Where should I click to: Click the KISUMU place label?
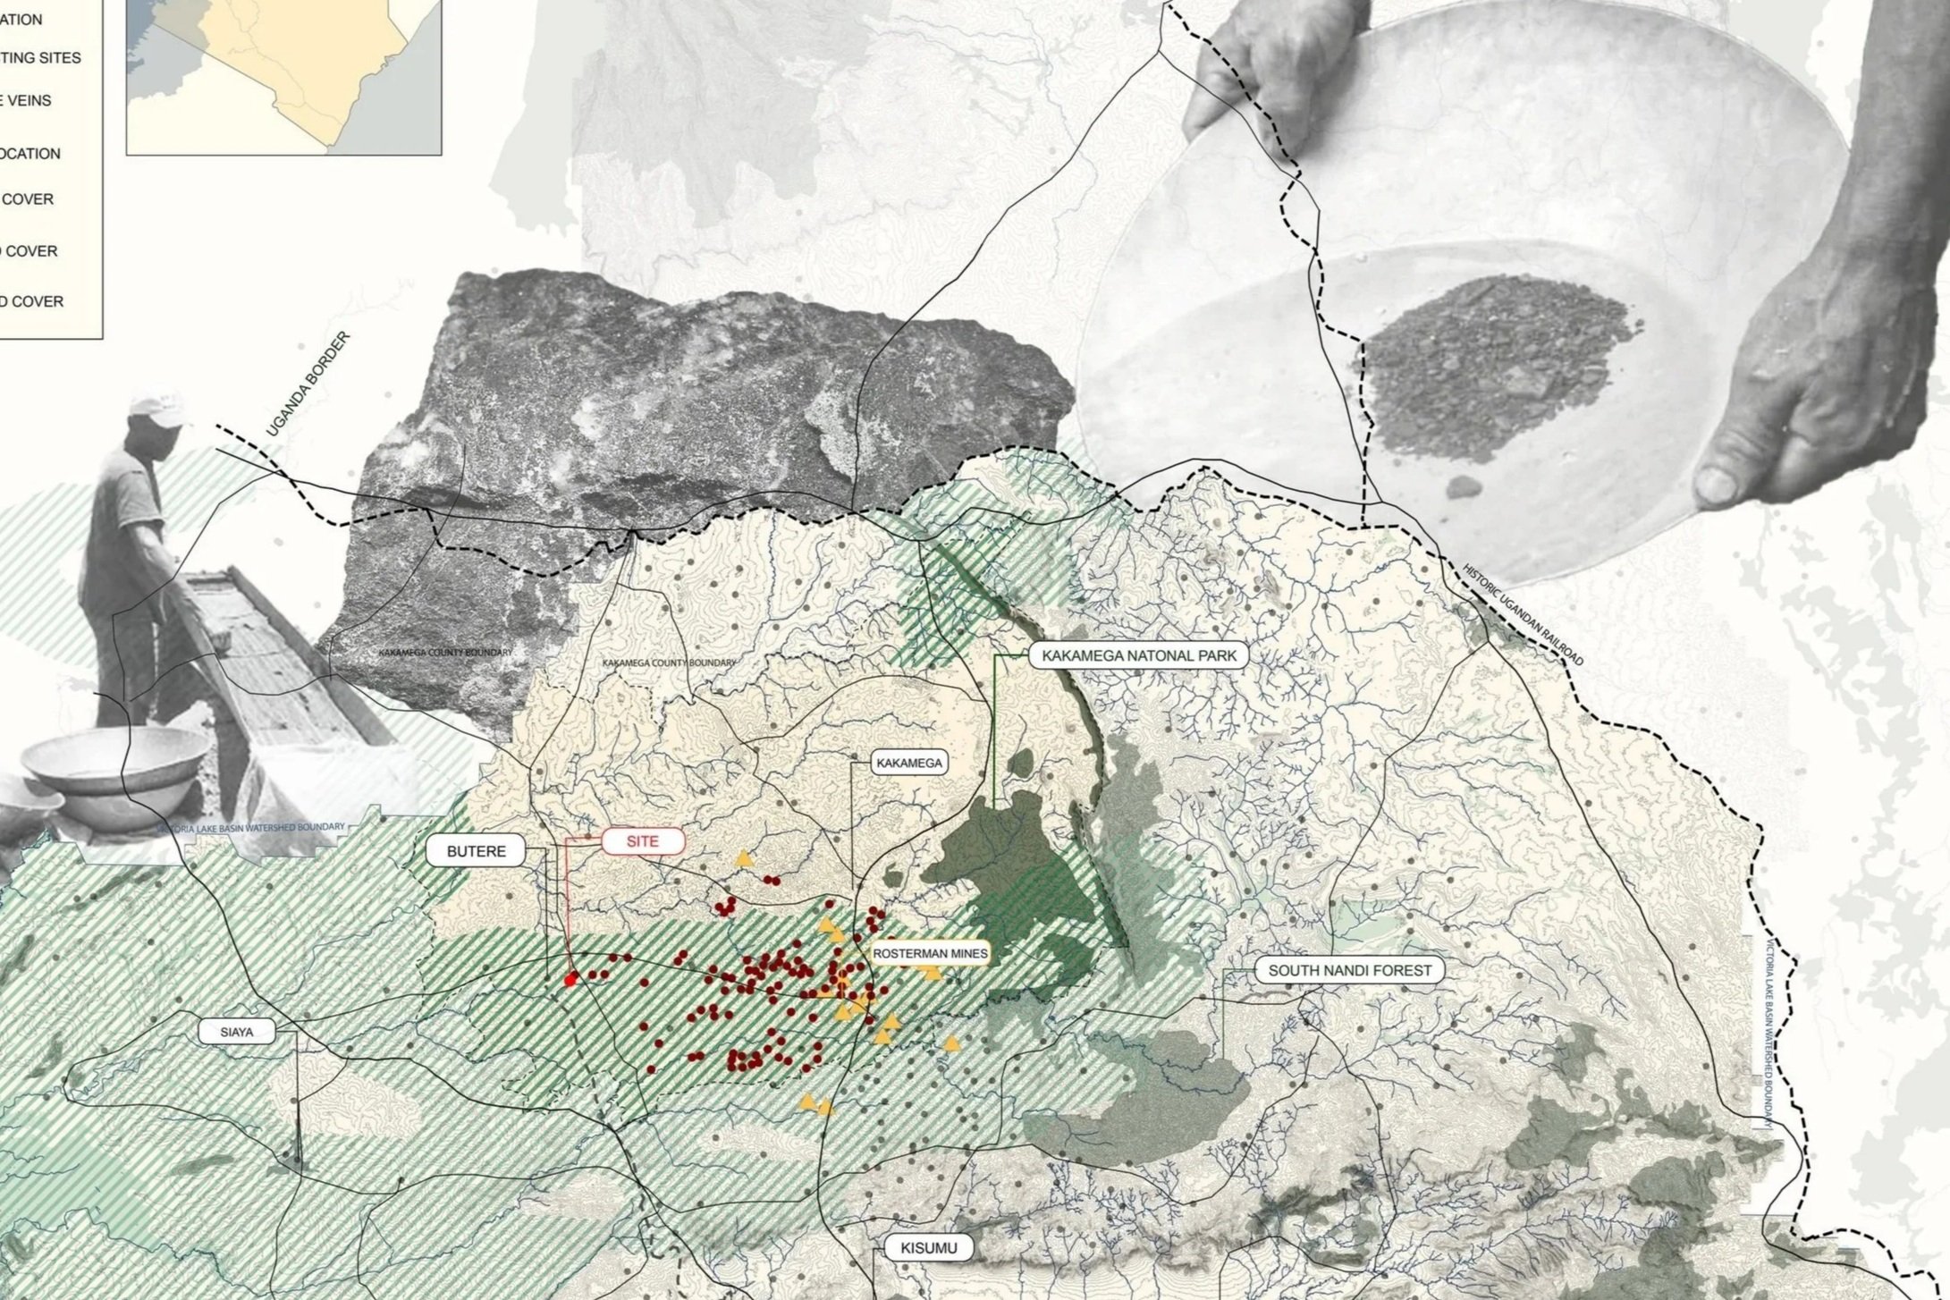tap(930, 1247)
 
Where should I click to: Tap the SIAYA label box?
tap(237, 1032)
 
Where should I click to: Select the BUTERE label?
tap(476, 851)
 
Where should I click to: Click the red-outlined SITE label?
tap(643, 841)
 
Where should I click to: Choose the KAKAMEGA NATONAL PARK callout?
tap(1139, 655)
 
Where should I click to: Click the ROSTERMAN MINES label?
tap(930, 954)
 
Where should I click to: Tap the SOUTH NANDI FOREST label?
tap(1349, 970)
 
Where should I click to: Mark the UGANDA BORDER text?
tap(308, 385)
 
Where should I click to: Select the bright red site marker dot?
tap(570, 981)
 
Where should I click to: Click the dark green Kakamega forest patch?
tap(1019, 885)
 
